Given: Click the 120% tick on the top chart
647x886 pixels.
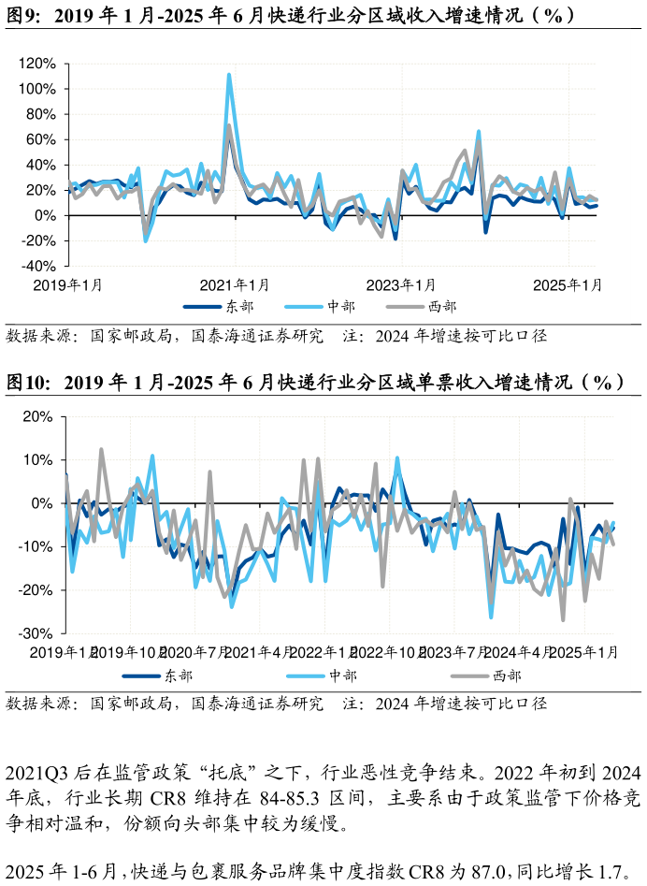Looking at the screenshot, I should tap(37, 64).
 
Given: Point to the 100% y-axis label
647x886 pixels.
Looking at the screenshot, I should tap(37, 89).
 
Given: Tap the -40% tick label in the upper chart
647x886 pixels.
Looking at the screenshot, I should tap(37, 266).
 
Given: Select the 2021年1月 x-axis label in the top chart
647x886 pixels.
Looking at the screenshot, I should tap(235, 284).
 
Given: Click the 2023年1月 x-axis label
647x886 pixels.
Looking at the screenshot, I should tap(401, 284).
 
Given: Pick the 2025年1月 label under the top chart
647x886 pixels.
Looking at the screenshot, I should tap(568, 284).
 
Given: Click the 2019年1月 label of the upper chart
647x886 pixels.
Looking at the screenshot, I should tap(68, 284).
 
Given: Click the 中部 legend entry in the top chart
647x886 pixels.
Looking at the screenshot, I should tap(340, 307).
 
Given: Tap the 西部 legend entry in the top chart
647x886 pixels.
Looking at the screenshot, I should tap(442, 307).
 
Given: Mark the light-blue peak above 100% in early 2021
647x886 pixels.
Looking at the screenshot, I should tap(229, 76).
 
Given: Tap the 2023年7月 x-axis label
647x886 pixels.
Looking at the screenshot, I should tap(458, 652).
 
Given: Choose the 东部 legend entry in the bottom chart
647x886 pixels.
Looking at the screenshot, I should tap(178, 675).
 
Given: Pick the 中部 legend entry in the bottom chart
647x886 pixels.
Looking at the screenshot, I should tap(342, 675).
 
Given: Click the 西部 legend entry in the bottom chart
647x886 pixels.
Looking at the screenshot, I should tap(506, 675).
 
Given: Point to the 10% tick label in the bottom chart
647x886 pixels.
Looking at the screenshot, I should tap(37, 460).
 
